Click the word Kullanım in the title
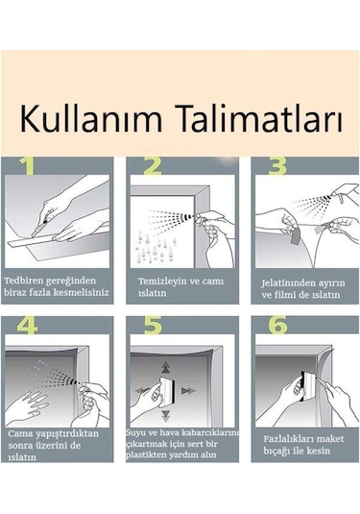point(91,118)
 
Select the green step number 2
point(153,165)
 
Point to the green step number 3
point(277,165)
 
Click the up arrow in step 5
point(166,367)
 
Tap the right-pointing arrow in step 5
point(188,390)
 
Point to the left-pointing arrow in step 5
point(142,390)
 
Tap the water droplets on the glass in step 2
point(156,248)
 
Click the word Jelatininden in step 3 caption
point(286,282)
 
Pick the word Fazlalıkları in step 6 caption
point(283,439)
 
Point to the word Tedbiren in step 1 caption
point(23,281)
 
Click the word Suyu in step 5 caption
point(135,432)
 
